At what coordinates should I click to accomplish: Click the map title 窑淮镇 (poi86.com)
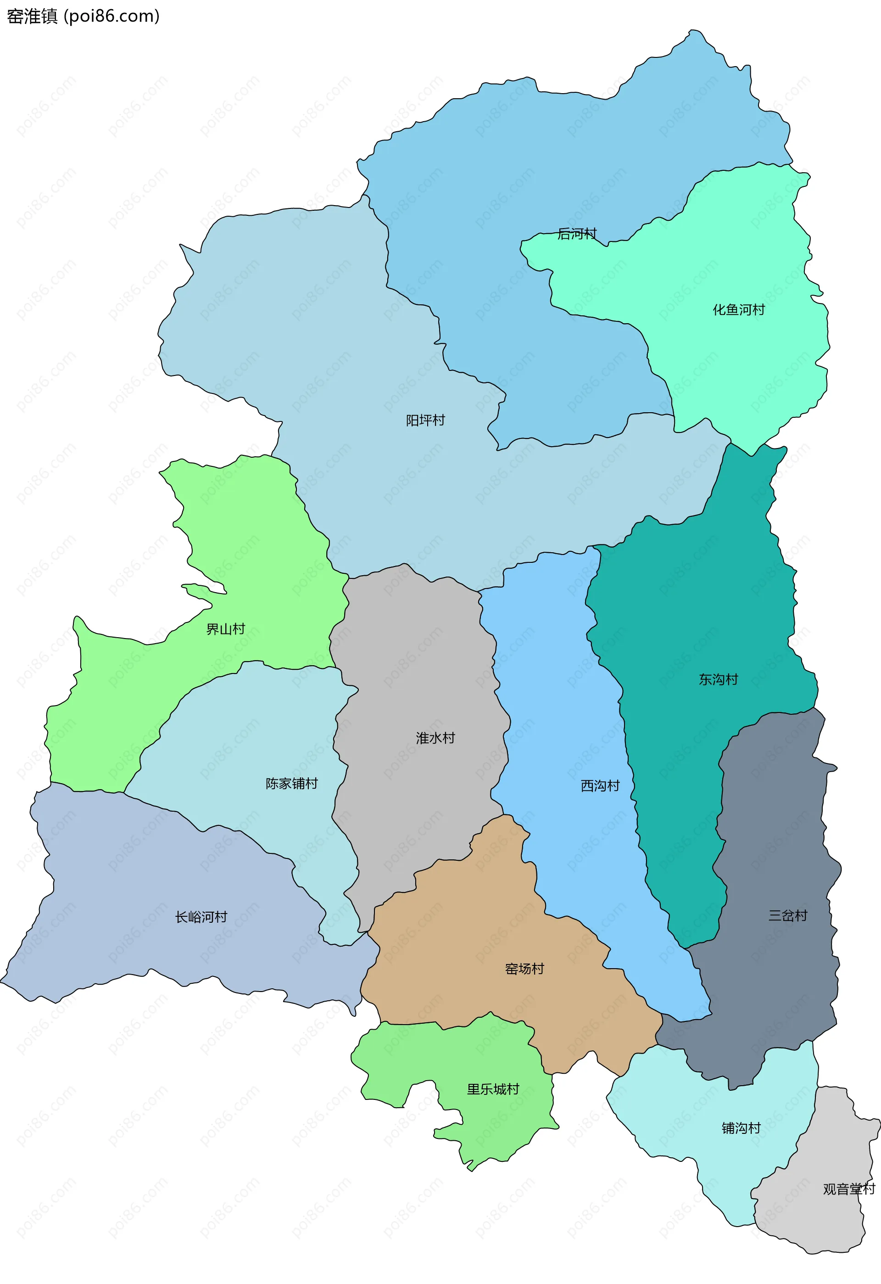(x=83, y=16)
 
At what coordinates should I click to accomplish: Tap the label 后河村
(x=577, y=234)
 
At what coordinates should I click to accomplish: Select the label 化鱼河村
(x=738, y=310)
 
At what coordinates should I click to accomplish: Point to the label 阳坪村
(x=425, y=421)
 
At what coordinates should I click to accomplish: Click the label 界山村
(x=225, y=629)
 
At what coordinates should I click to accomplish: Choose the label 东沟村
(x=718, y=679)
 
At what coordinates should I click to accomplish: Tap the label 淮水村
(x=435, y=738)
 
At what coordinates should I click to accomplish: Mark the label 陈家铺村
(x=292, y=784)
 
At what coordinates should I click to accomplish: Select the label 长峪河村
(x=201, y=917)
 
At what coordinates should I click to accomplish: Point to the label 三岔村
(x=788, y=915)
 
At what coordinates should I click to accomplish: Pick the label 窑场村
(x=524, y=969)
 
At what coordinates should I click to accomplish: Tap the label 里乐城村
(x=493, y=1089)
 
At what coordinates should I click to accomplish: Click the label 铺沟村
(x=741, y=1127)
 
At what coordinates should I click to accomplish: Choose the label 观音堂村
(x=848, y=1189)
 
